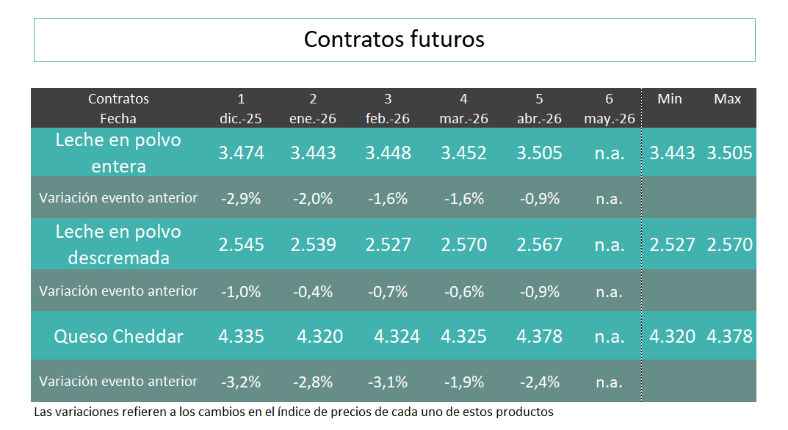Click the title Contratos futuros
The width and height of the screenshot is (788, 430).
point(394,39)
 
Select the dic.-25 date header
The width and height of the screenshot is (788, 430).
point(241,118)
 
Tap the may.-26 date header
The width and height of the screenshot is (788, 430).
point(609,118)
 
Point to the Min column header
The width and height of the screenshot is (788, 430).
point(669,99)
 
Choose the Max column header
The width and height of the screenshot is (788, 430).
point(727,99)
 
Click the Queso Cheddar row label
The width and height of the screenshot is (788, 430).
point(118,336)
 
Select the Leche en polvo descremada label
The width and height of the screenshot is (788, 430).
point(118,244)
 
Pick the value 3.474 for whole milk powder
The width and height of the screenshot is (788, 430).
point(241,153)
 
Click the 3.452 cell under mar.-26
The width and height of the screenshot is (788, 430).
point(463,153)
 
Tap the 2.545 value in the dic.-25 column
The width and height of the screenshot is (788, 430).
point(241,244)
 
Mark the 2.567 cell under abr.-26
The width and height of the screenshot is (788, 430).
point(539,244)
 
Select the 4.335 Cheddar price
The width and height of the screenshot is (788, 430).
point(241,336)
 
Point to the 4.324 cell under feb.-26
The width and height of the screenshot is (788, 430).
point(397,336)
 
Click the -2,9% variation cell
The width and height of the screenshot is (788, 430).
point(241,198)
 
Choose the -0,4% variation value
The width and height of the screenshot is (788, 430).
point(313,291)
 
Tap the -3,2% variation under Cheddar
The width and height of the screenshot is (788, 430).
point(241,382)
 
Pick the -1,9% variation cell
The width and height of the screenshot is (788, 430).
point(463,382)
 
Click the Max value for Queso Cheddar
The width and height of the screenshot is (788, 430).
point(729,336)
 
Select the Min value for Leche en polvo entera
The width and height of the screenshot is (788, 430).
point(672,153)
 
